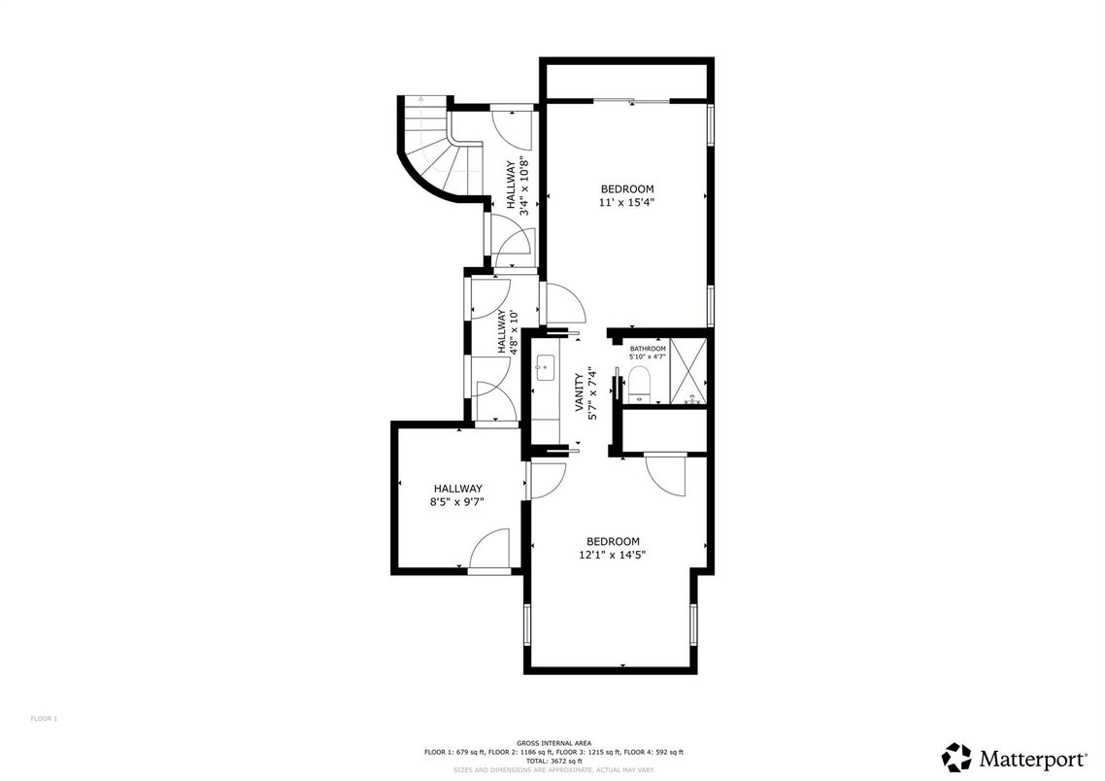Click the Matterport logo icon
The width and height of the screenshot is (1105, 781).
pos(955,757)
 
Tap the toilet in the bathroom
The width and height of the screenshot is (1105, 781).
pos(639,385)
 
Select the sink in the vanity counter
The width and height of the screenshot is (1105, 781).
pos(545,366)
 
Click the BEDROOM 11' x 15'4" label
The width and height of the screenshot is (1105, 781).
pos(626,195)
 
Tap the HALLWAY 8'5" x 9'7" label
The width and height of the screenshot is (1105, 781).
pos(457,494)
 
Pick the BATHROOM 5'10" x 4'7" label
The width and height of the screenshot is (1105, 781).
pos(648,353)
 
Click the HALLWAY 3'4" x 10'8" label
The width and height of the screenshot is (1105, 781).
pos(517,186)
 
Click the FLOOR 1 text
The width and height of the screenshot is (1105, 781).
pos(45,719)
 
